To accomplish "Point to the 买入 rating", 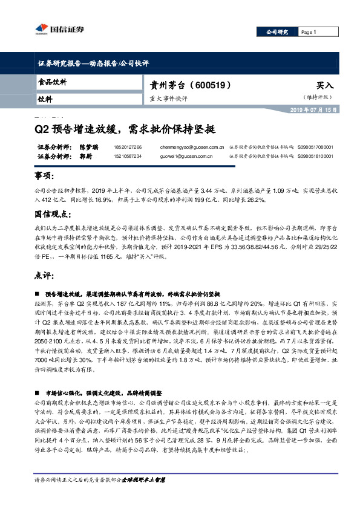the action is point(324,86).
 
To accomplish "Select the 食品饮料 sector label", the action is point(53,82).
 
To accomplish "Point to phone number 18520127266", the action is point(128,147).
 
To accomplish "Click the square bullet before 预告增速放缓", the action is point(38,293).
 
